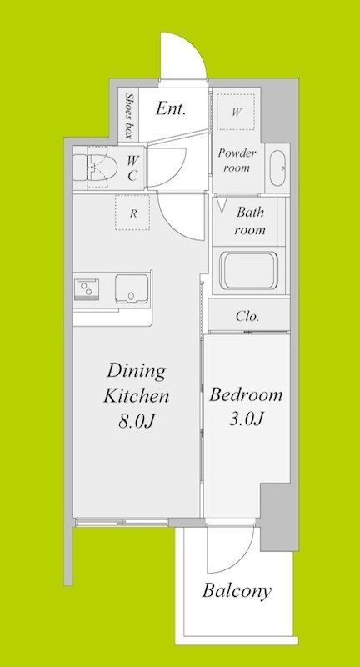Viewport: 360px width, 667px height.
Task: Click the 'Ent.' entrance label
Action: (171, 109)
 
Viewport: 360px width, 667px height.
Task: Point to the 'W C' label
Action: (132, 168)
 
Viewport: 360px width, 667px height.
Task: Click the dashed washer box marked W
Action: (236, 113)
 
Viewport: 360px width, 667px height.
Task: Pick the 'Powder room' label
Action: (237, 160)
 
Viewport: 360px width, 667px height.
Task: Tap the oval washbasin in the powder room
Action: (278, 168)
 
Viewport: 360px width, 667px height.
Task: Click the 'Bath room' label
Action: (250, 221)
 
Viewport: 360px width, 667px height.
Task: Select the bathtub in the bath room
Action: (248, 271)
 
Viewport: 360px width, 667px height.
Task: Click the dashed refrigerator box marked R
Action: (132, 213)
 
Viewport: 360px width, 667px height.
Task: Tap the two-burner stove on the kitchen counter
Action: (87, 289)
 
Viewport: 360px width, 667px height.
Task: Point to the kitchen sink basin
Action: (132, 288)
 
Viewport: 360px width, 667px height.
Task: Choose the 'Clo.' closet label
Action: (247, 317)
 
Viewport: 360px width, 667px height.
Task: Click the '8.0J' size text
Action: (137, 421)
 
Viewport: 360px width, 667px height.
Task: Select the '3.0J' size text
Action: (247, 419)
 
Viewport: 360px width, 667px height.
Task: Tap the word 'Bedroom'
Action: (246, 395)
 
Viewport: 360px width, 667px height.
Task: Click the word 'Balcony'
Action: (237, 591)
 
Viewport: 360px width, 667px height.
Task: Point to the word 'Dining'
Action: (136, 372)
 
